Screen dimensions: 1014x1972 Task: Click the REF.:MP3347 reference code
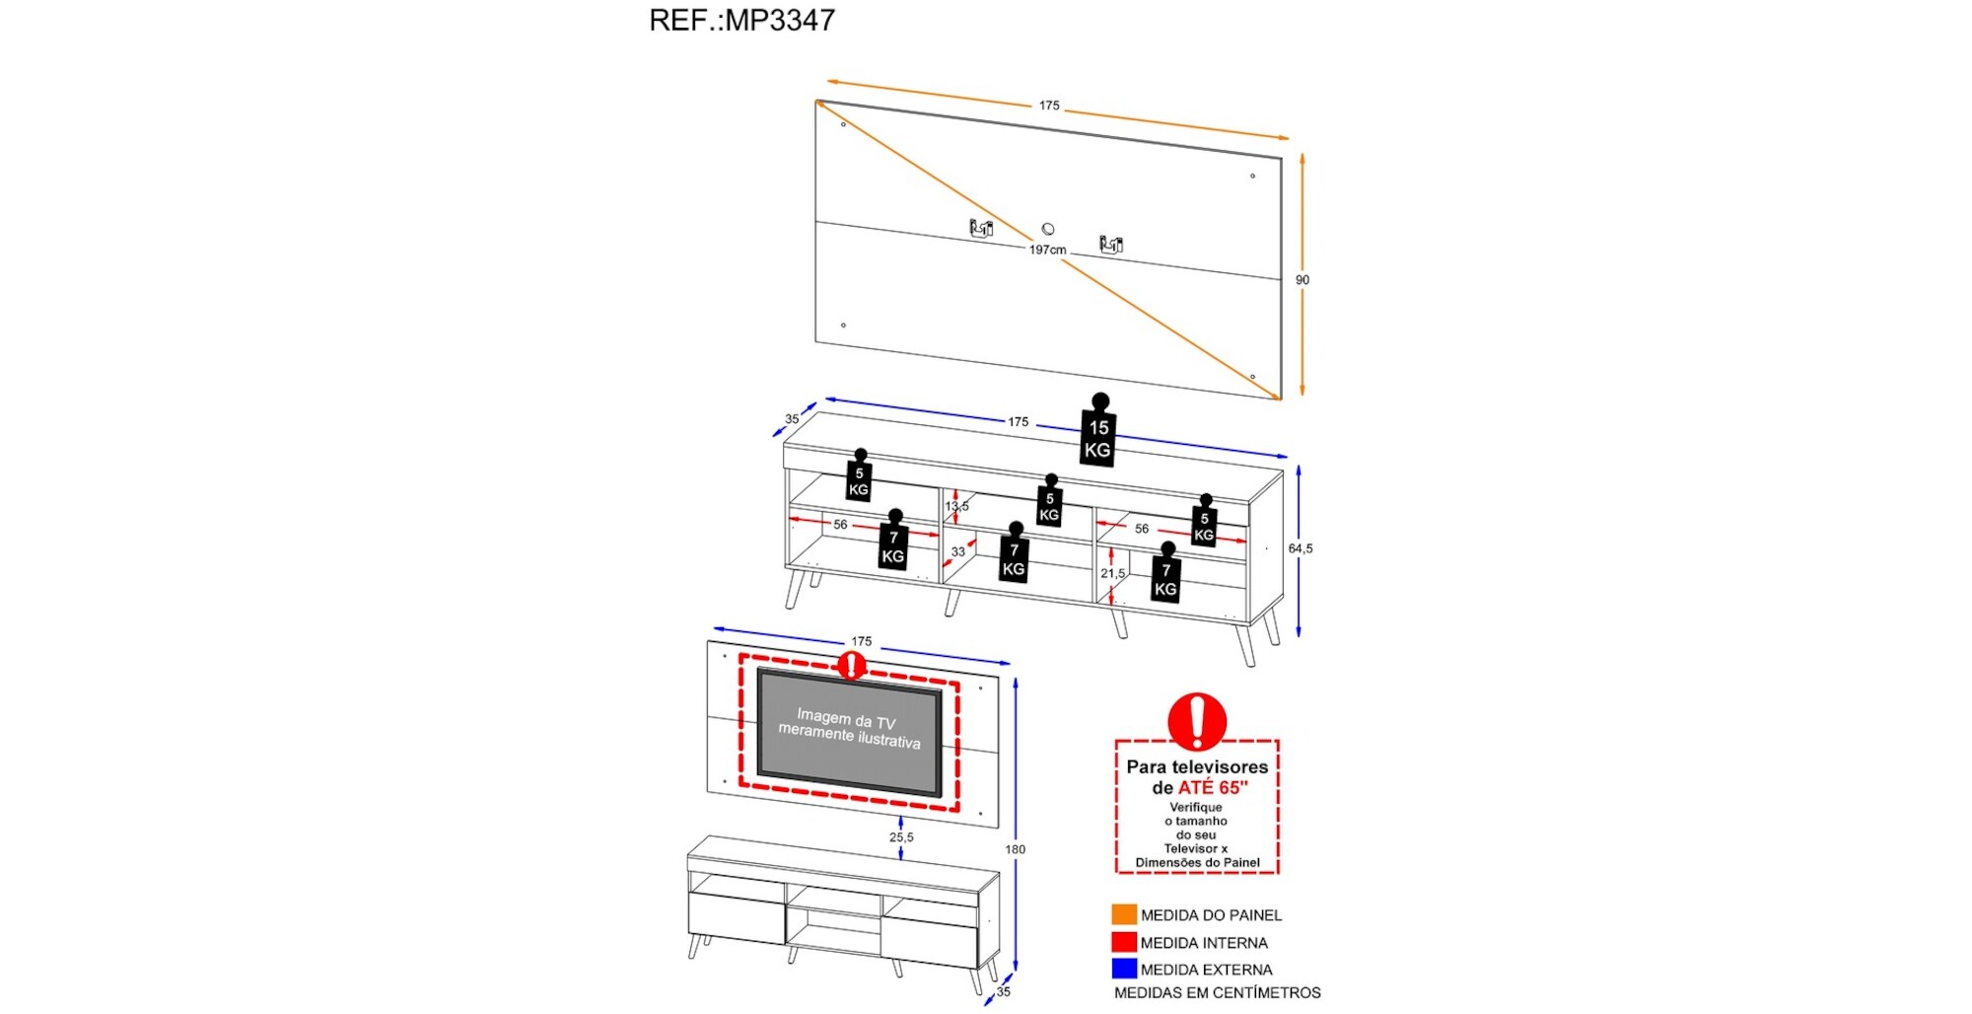[x=741, y=20]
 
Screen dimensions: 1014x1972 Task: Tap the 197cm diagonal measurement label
[x=1047, y=250]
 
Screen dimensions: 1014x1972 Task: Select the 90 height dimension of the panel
[x=1303, y=280]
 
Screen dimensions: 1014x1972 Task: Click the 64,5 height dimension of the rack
[x=1301, y=548]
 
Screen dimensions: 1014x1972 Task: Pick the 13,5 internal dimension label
[x=956, y=506]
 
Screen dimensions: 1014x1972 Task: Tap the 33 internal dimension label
[x=958, y=551]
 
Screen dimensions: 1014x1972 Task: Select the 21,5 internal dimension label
[x=1112, y=573]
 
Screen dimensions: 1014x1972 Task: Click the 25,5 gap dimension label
[x=901, y=837]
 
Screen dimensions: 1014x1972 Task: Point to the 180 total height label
[x=1016, y=849]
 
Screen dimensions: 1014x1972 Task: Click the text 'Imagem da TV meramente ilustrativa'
[x=849, y=729]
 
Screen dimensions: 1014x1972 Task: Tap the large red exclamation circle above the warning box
[x=1197, y=721]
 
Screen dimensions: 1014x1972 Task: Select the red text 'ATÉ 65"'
[x=1213, y=788]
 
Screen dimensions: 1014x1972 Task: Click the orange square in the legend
[x=1124, y=914]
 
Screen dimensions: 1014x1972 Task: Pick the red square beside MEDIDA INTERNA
[x=1124, y=942]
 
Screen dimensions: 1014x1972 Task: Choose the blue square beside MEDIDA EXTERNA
[x=1124, y=969]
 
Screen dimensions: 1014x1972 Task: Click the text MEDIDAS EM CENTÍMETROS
[x=1217, y=993]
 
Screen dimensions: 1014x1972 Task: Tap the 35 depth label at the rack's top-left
[x=792, y=419]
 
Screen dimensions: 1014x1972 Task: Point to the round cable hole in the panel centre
[x=1048, y=229]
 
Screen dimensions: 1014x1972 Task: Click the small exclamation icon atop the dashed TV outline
[x=850, y=665]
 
